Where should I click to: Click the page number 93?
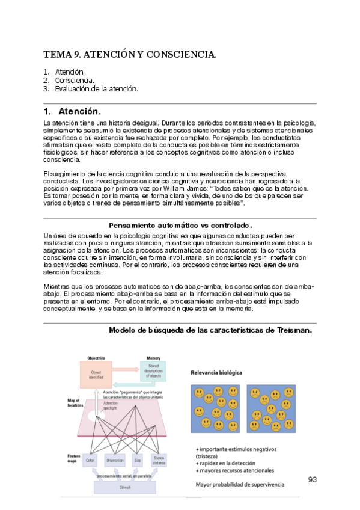[312, 479]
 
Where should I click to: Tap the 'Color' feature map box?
[90, 461]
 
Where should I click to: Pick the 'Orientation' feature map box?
[115, 461]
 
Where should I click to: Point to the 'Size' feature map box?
[138, 461]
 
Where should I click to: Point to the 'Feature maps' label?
[74, 459]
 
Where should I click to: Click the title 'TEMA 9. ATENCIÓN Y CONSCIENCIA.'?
[129, 55]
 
